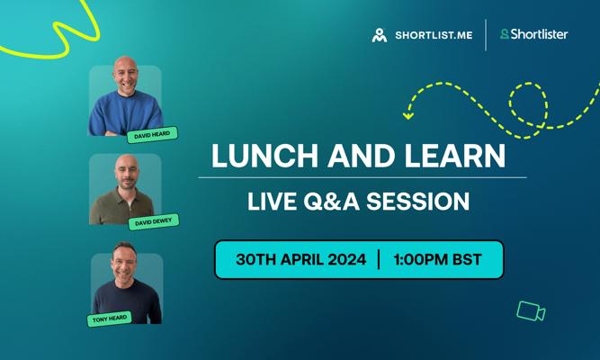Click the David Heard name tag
pos(152,135)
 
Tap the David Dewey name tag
pos(154,221)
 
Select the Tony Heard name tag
pos(110,319)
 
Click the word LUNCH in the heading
pos(264,156)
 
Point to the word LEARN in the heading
pos(455,156)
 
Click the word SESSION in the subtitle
pos(418,202)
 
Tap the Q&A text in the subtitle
pos(331,202)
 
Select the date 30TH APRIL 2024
pos(300,260)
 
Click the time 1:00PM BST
pos(437,260)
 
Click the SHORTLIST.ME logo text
pos(434,35)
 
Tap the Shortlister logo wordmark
pos(539,34)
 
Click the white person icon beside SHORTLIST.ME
pos(380,35)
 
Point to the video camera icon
pos(531,310)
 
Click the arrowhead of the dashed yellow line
pos(407,115)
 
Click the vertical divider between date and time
pos(379,260)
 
